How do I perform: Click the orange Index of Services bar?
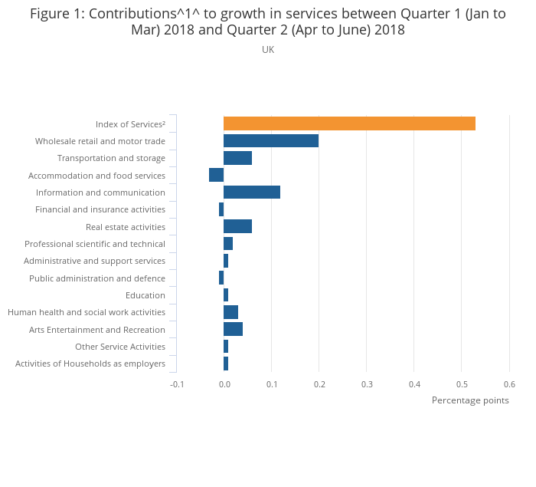(x=349, y=123)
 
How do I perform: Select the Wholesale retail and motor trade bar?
(x=271, y=141)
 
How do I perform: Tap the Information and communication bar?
(x=252, y=192)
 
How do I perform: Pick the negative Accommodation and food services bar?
(x=216, y=176)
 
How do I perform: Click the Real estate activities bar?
(x=237, y=227)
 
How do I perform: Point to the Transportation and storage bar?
(x=237, y=158)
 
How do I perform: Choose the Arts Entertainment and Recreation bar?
(x=233, y=330)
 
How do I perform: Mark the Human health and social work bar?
(x=230, y=312)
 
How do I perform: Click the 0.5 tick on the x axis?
(x=462, y=384)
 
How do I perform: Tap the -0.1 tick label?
(x=177, y=384)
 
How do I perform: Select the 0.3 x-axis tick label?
(x=367, y=384)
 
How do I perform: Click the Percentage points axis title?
(x=470, y=400)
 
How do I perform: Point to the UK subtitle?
(x=268, y=50)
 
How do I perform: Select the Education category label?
(x=145, y=295)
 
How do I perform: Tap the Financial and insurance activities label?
(x=100, y=209)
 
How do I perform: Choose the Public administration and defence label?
(x=97, y=278)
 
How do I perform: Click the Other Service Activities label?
(x=120, y=347)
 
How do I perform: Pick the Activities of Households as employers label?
(x=90, y=364)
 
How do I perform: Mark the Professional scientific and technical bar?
(x=228, y=244)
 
